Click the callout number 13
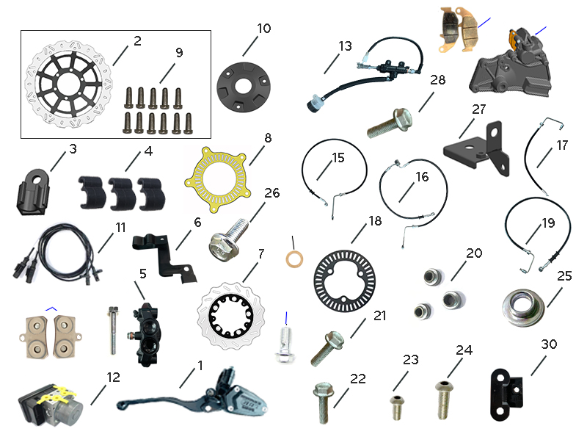345,46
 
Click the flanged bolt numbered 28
390,123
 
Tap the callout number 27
479,109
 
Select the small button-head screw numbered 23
398,408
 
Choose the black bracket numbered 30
506,395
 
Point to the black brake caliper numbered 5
145,335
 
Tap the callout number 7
261,253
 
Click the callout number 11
120,227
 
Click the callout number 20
473,253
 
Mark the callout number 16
422,176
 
